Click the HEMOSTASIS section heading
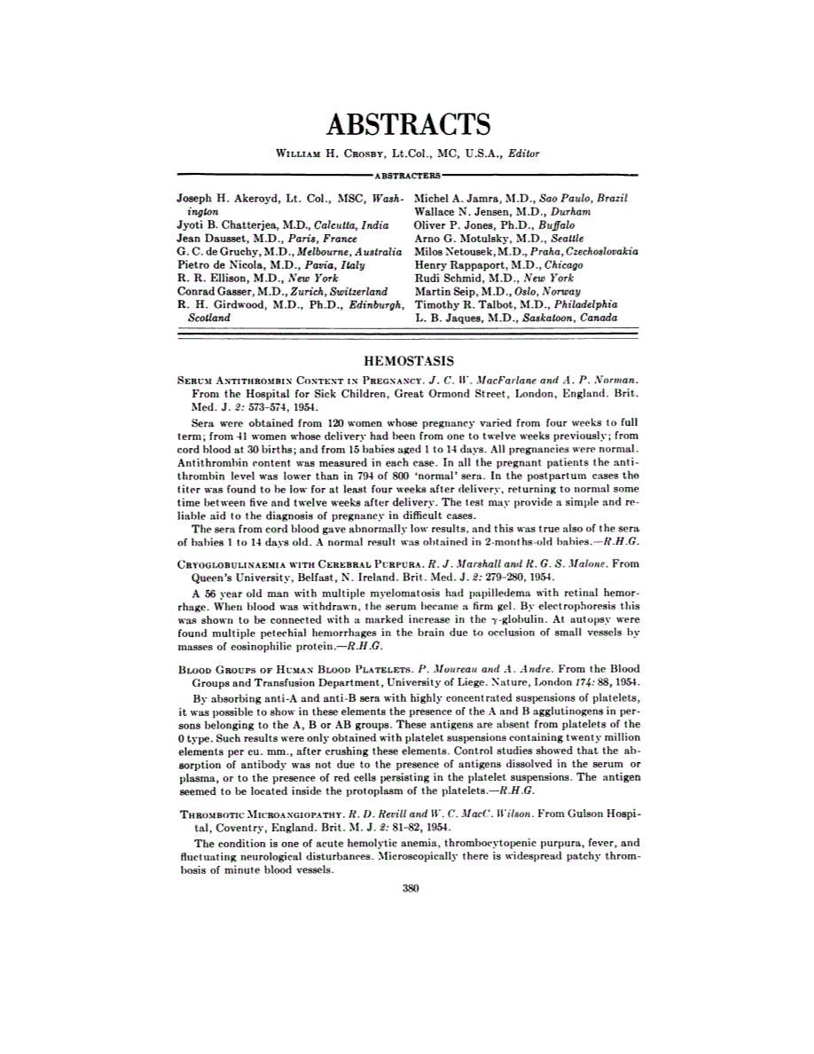409,361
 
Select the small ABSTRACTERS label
408,177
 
